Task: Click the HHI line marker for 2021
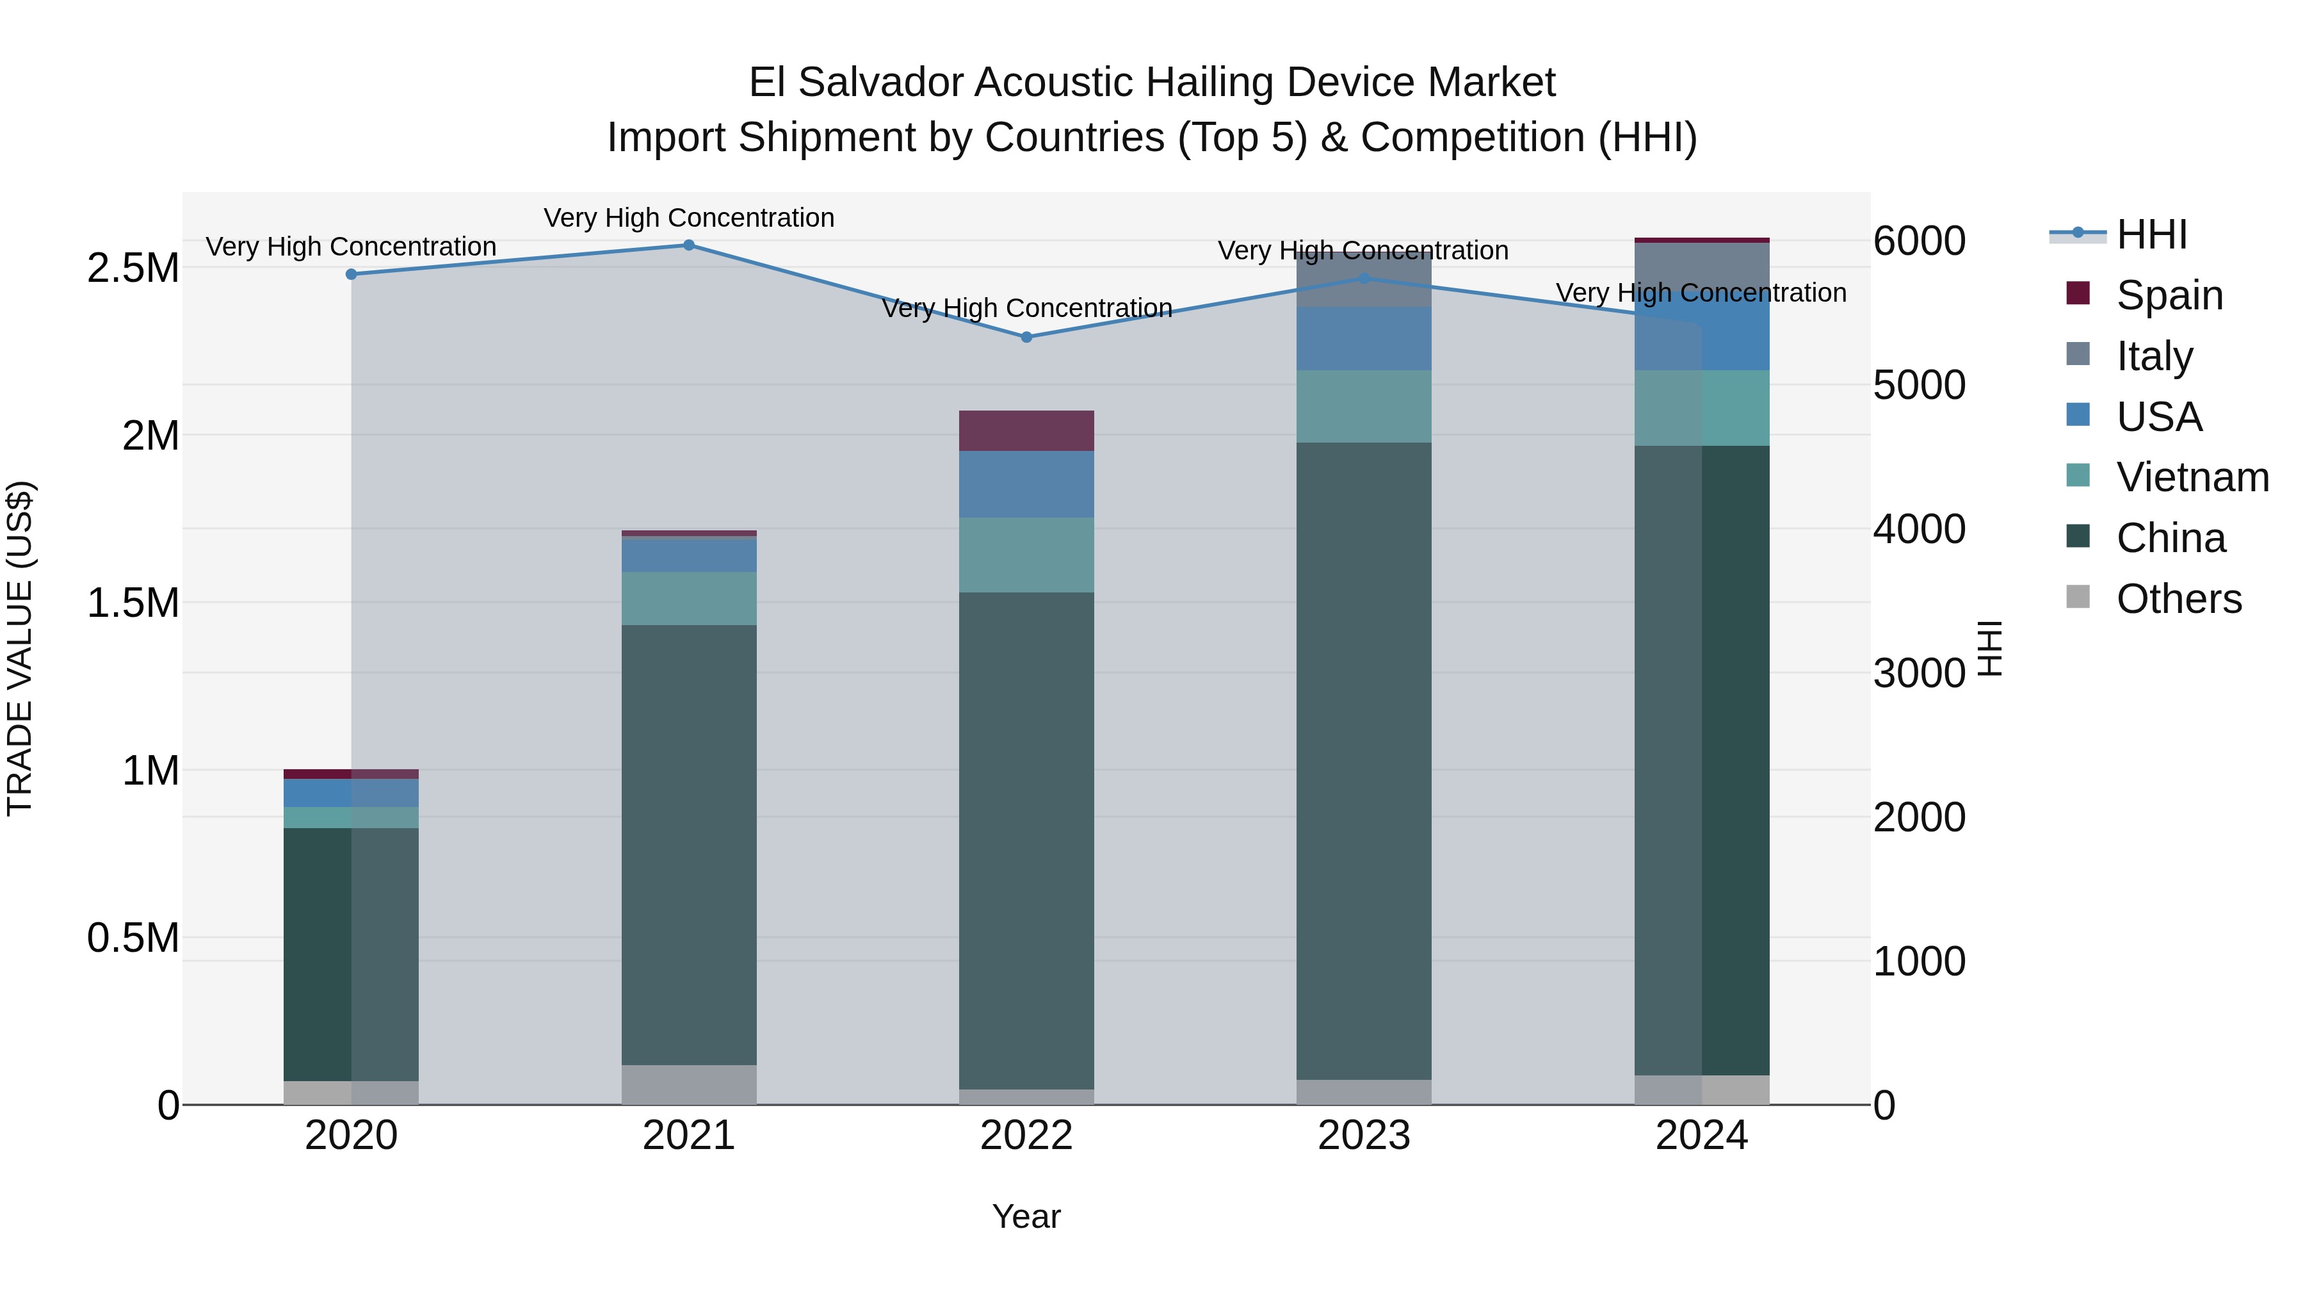coord(689,245)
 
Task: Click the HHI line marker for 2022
coord(1026,338)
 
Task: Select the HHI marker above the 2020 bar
coord(352,275)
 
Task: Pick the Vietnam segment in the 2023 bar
coord(1364,406)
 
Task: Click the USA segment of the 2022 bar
coord(1026,484)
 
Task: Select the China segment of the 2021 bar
coord(689,844)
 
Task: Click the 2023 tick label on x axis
coord(1364,1136)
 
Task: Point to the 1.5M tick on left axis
coord(133,603)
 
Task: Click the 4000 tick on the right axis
coord(1920,529)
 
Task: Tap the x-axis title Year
coord(1026,1216)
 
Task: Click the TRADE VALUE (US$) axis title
coord(20,648)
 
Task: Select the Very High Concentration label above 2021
coord(689,218)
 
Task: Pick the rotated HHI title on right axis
coord(1990,648)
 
